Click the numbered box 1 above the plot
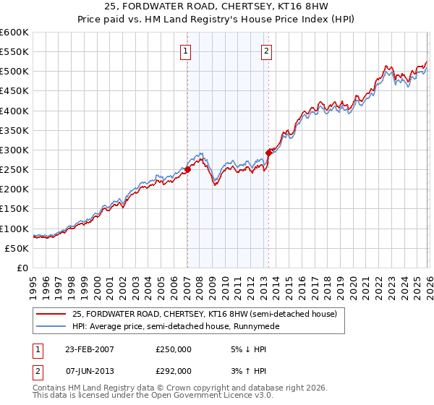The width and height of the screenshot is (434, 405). tap(186, 51)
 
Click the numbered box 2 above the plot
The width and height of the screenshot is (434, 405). tap(267, 51)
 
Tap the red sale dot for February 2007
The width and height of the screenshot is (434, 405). tap(187, 169)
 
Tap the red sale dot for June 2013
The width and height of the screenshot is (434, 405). tap(268, 153)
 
